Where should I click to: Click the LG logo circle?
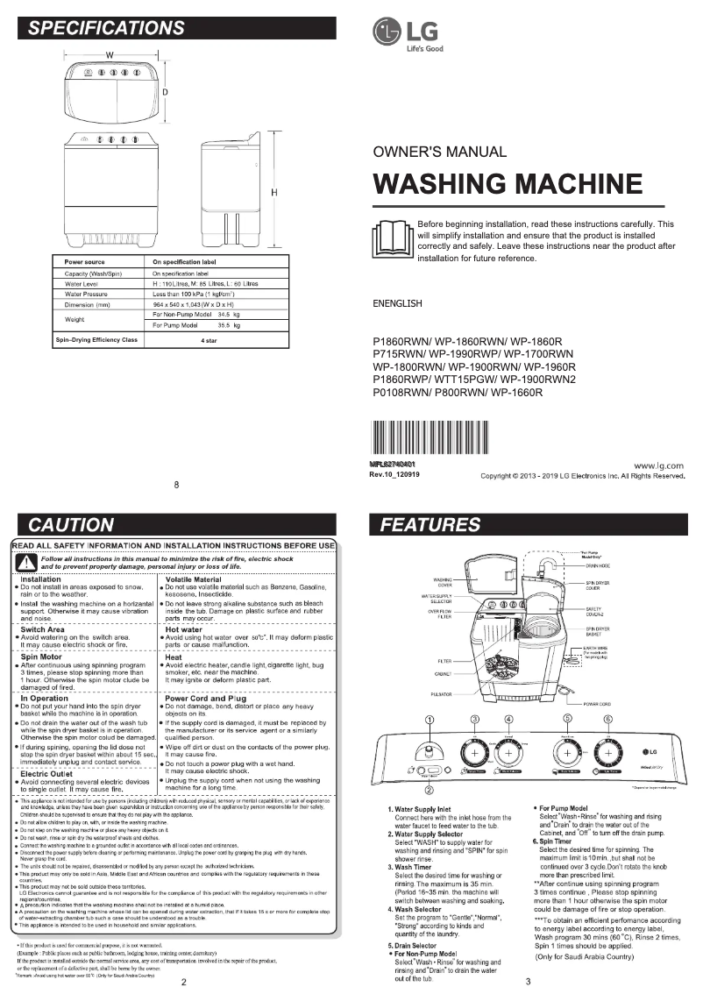click(x=387, y=32)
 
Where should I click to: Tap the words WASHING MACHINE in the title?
click(x=508, y=184)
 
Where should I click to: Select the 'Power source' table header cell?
click(x=85, y=262)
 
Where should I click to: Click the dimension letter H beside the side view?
click(x=273, y=193)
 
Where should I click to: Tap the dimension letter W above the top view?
click(x=110, y=55)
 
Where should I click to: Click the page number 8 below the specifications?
click(x=177, y=485)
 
